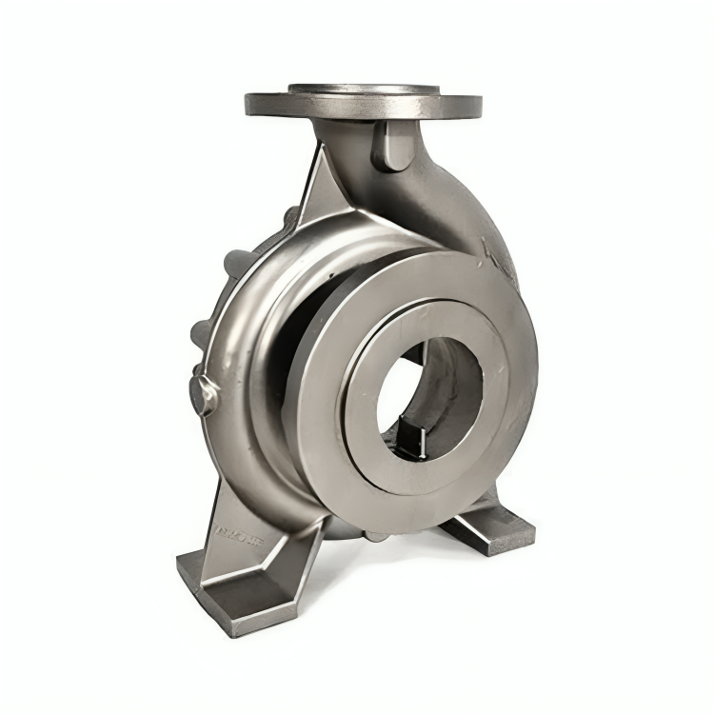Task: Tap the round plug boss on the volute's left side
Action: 204,392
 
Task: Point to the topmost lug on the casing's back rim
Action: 287,220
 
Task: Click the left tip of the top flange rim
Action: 249,103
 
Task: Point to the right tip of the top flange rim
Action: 478,105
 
